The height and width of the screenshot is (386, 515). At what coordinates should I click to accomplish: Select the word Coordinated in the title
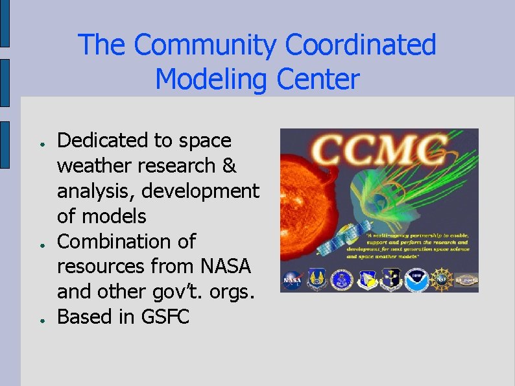[361, 45]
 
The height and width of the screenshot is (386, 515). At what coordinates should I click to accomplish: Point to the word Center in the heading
[318, 80]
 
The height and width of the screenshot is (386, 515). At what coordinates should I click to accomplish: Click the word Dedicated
[104, 141]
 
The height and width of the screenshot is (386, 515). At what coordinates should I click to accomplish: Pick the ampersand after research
[229, 166]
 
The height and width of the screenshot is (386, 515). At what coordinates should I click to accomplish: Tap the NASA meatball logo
[293, 280]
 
